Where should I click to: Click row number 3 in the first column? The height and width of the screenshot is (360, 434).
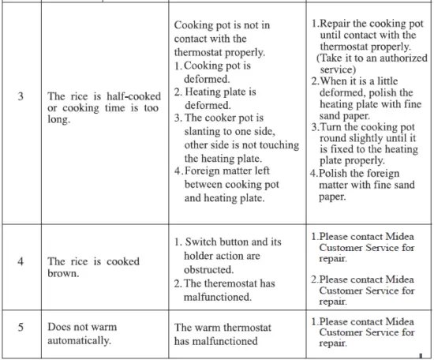pos(21,98)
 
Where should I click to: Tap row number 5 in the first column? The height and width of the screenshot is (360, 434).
pos(21,328)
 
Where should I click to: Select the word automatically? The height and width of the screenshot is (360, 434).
pos(77,341)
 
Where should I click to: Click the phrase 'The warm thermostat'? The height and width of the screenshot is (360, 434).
pos(216,328)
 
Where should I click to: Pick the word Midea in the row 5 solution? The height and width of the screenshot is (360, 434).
pos(398,321)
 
